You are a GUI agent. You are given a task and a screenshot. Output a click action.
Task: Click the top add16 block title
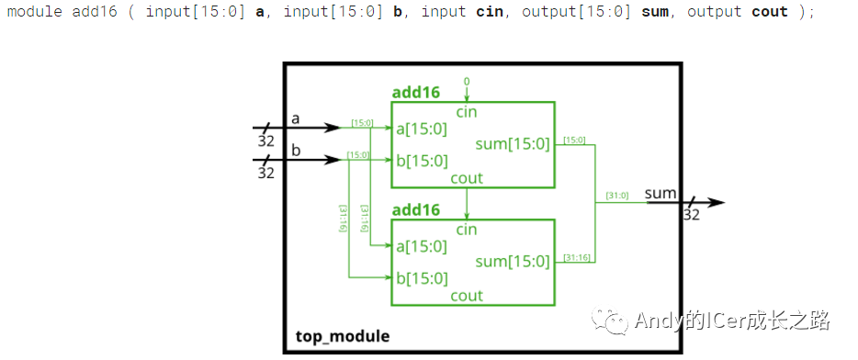coord(415,92)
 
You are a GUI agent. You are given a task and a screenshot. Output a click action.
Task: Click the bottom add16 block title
coord(415,209)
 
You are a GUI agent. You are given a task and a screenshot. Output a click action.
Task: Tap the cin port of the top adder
coord(467,111)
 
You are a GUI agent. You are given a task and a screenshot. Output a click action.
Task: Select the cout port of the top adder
coord(467,178)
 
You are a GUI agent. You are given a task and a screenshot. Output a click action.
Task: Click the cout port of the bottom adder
coord(467,296)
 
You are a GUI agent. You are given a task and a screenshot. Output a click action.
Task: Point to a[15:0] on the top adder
coord(422,129)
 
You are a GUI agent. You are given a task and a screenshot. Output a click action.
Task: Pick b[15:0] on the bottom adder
coord(422,278)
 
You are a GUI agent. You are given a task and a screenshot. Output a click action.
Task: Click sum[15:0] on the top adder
coord(513,144)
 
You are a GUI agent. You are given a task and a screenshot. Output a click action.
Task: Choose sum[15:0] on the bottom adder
coord(513,262)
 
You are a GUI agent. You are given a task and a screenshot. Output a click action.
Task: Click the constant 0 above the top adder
coord(466,82)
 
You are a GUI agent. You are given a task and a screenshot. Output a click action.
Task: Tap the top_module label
coord(343,336)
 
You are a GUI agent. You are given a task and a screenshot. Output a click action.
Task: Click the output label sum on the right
coord(660,193)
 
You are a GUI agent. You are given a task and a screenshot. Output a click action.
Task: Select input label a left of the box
coord(295,118)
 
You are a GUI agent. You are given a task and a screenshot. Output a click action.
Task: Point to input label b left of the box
coord(296,150)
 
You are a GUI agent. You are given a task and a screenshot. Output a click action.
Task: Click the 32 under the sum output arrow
coord(692,215)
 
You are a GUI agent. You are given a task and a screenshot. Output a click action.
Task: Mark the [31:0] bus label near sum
coord(617,195)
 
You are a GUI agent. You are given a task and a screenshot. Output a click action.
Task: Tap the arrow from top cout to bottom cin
coord(467,202)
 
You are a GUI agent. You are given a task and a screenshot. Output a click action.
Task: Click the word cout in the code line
coord(769,12)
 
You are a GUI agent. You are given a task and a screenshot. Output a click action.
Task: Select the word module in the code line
coord(35,12)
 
